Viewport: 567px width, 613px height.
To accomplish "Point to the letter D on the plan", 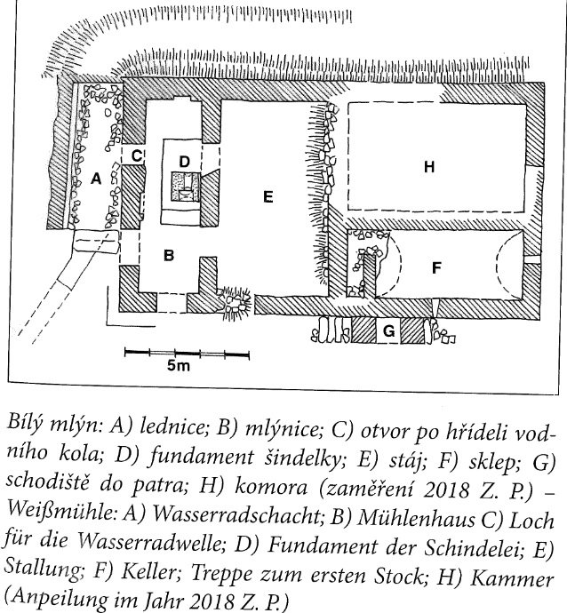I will [184, 161].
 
